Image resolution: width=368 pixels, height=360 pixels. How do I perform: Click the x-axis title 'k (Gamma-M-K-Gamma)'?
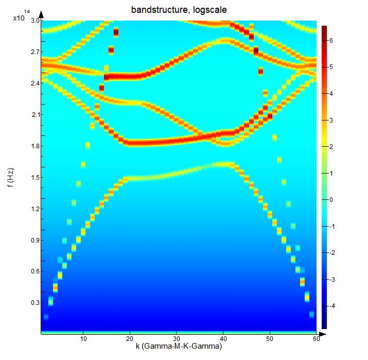click(179, 347)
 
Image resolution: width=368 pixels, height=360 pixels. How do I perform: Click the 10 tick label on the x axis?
click(83, 339)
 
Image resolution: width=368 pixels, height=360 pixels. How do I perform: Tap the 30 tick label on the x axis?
click(177, 339)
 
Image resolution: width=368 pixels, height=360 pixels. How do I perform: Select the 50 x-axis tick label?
click(270, 339)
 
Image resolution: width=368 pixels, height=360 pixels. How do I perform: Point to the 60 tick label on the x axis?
click(316, 339)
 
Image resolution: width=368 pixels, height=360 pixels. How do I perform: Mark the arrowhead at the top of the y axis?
click(41, 15)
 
